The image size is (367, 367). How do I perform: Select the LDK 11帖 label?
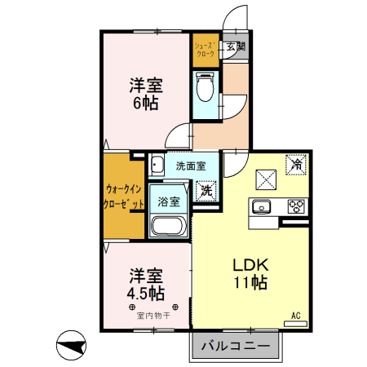pyautogui.click(x=251, y=274)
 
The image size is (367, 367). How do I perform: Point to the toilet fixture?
pyautogui.click(x=206, y=84)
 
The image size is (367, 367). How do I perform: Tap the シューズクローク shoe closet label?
pyautogui.click(x=206, y=48)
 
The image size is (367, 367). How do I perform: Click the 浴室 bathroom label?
pyautogui.click(x=169, y=201)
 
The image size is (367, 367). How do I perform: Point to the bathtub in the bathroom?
pyautogui.click(x=169, y=226)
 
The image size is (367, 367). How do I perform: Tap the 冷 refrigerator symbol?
pyautogui.click(x=297, y=163)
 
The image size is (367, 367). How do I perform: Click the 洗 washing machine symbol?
pyautogui.click(x=207, y=191)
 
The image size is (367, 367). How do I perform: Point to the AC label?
pyautogui.click(x=296, y=315)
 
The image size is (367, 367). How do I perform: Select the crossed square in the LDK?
pyautogui.click(x=267, y=179)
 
